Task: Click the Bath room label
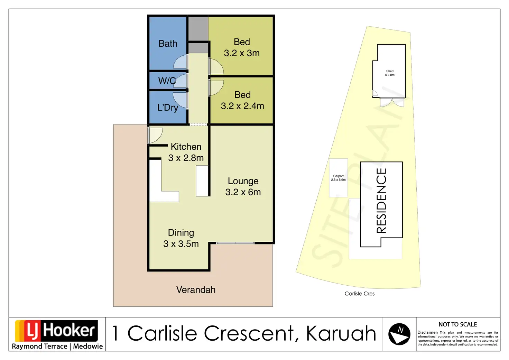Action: (x=168, y=44)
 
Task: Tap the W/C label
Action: (x=167, y=81)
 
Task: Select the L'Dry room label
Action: (x=168, y=108)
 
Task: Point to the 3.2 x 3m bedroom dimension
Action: (x=242, y=53)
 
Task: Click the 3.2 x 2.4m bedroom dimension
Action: (x=242, y=106)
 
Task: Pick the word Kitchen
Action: (x=186, y=147)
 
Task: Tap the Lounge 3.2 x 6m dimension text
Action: (x=243, y=192)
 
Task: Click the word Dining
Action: (x=181, y=232)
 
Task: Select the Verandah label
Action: (x=196, y=290)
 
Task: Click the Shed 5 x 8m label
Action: (x=390, y=73)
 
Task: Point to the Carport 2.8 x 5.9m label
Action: (x=338, y=178)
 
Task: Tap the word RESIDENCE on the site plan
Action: (x=381, y=201)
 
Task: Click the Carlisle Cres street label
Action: (x=360, y=294)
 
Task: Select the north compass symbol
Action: (x=399, y=334)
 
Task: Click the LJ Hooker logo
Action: (x=56, y=331)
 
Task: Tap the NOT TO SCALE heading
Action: (x=457, y=324)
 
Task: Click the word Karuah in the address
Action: (x=341, y=333)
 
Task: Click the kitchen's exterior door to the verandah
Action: (x=155, y=135)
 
